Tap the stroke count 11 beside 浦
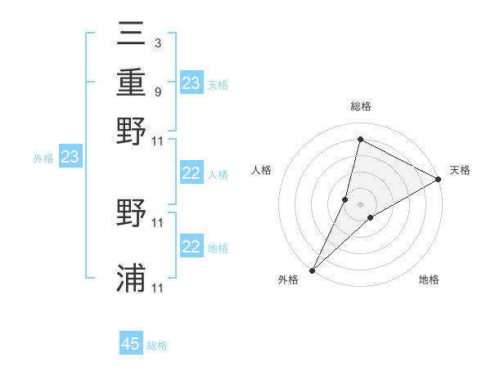158,288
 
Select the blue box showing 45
131,344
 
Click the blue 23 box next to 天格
191,83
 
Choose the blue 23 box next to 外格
70,158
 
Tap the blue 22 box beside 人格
191,173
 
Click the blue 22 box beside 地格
191,247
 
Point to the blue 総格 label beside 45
157,346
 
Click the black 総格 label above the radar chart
361,107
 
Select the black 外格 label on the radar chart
288,279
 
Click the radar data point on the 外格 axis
312,270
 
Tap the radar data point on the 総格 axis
360,139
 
